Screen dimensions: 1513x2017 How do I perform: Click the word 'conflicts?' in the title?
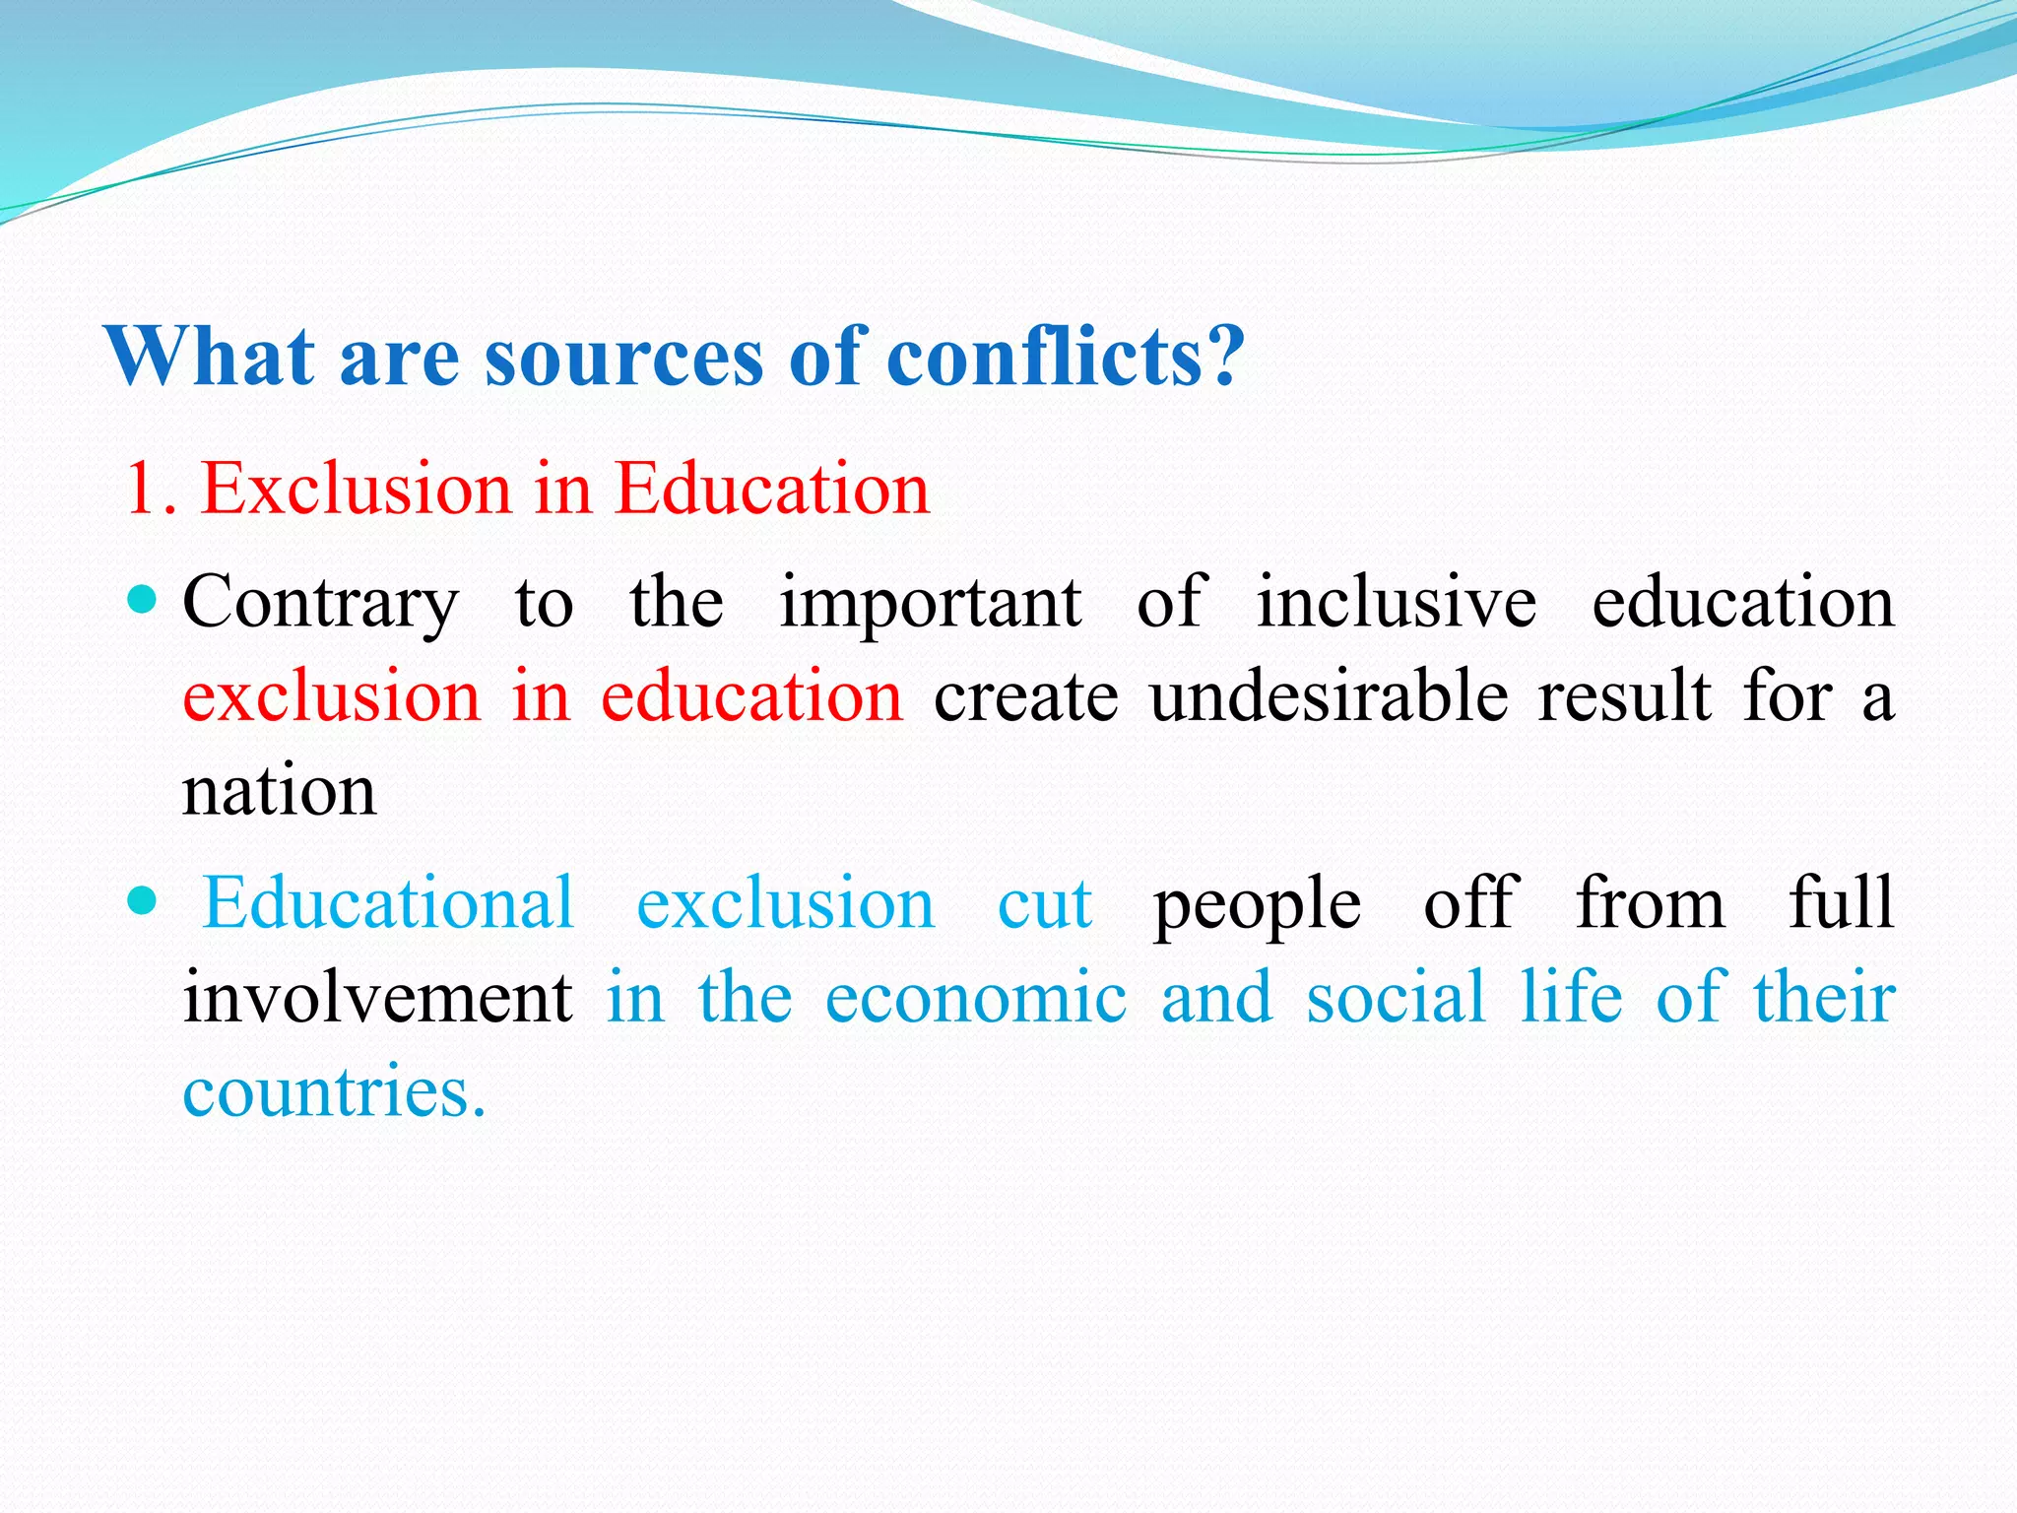[x=1066, y=357]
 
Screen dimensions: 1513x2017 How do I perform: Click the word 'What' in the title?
[x=210, y=357]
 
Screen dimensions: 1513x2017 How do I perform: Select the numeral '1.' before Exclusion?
[x=152, y=489]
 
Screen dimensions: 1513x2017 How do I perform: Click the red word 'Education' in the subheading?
[x=772, y=489]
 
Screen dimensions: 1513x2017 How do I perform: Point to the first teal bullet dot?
[x=143, y=599]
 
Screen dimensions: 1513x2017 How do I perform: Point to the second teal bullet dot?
[x=143, y=899]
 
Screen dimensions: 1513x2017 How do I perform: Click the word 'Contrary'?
[x=321, y=603]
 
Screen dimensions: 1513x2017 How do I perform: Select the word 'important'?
[x=931, y=603]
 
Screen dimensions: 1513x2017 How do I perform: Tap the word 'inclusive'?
[x=1397, y=603]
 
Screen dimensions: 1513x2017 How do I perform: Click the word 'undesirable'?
[x=1329, y=697]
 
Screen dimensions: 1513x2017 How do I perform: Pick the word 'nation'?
[x=280, y=792]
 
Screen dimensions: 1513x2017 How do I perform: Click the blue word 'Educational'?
[x=388, y=903]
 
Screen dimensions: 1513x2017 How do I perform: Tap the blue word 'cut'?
[x=1044, y=903]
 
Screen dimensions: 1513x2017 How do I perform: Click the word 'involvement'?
[x=378, y=998]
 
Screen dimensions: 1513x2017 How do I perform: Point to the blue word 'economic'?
[x=976, y=998]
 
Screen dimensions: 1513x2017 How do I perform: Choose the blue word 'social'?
[x=1396, y=998]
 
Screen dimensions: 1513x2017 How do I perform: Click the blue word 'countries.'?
[x=335, y=1092]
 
